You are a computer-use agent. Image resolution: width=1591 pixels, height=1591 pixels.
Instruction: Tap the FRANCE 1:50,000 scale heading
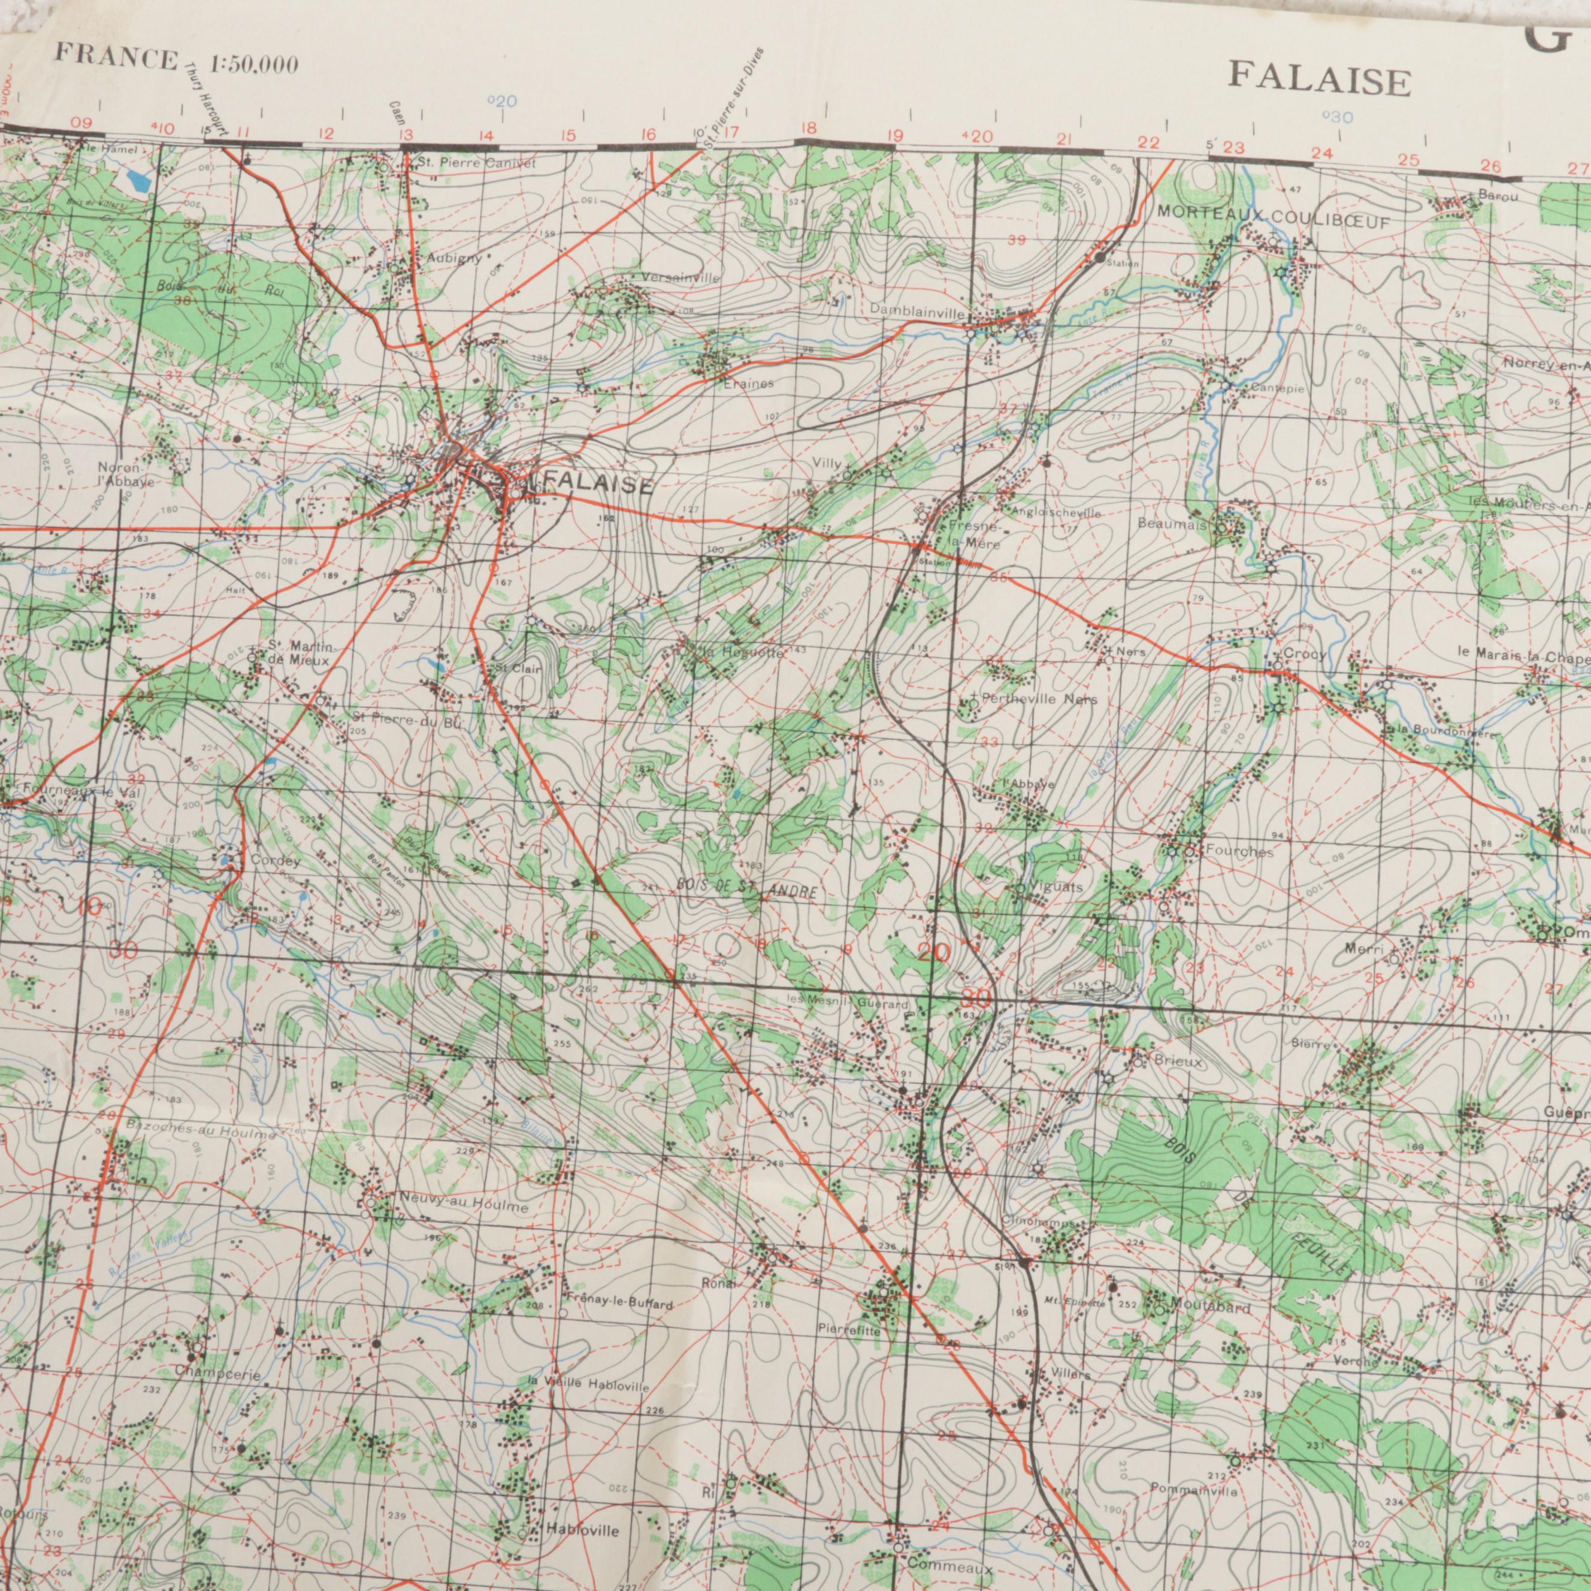pos(176,62)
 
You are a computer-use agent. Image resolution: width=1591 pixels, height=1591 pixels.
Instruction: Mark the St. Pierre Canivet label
pos(476,164)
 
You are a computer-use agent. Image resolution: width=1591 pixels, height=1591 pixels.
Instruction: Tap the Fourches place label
pos(1240,851)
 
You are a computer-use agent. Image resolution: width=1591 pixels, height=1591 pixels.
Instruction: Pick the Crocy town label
pos(1305,655)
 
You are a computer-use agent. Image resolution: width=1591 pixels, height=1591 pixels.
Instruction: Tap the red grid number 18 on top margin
pos(809,128)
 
